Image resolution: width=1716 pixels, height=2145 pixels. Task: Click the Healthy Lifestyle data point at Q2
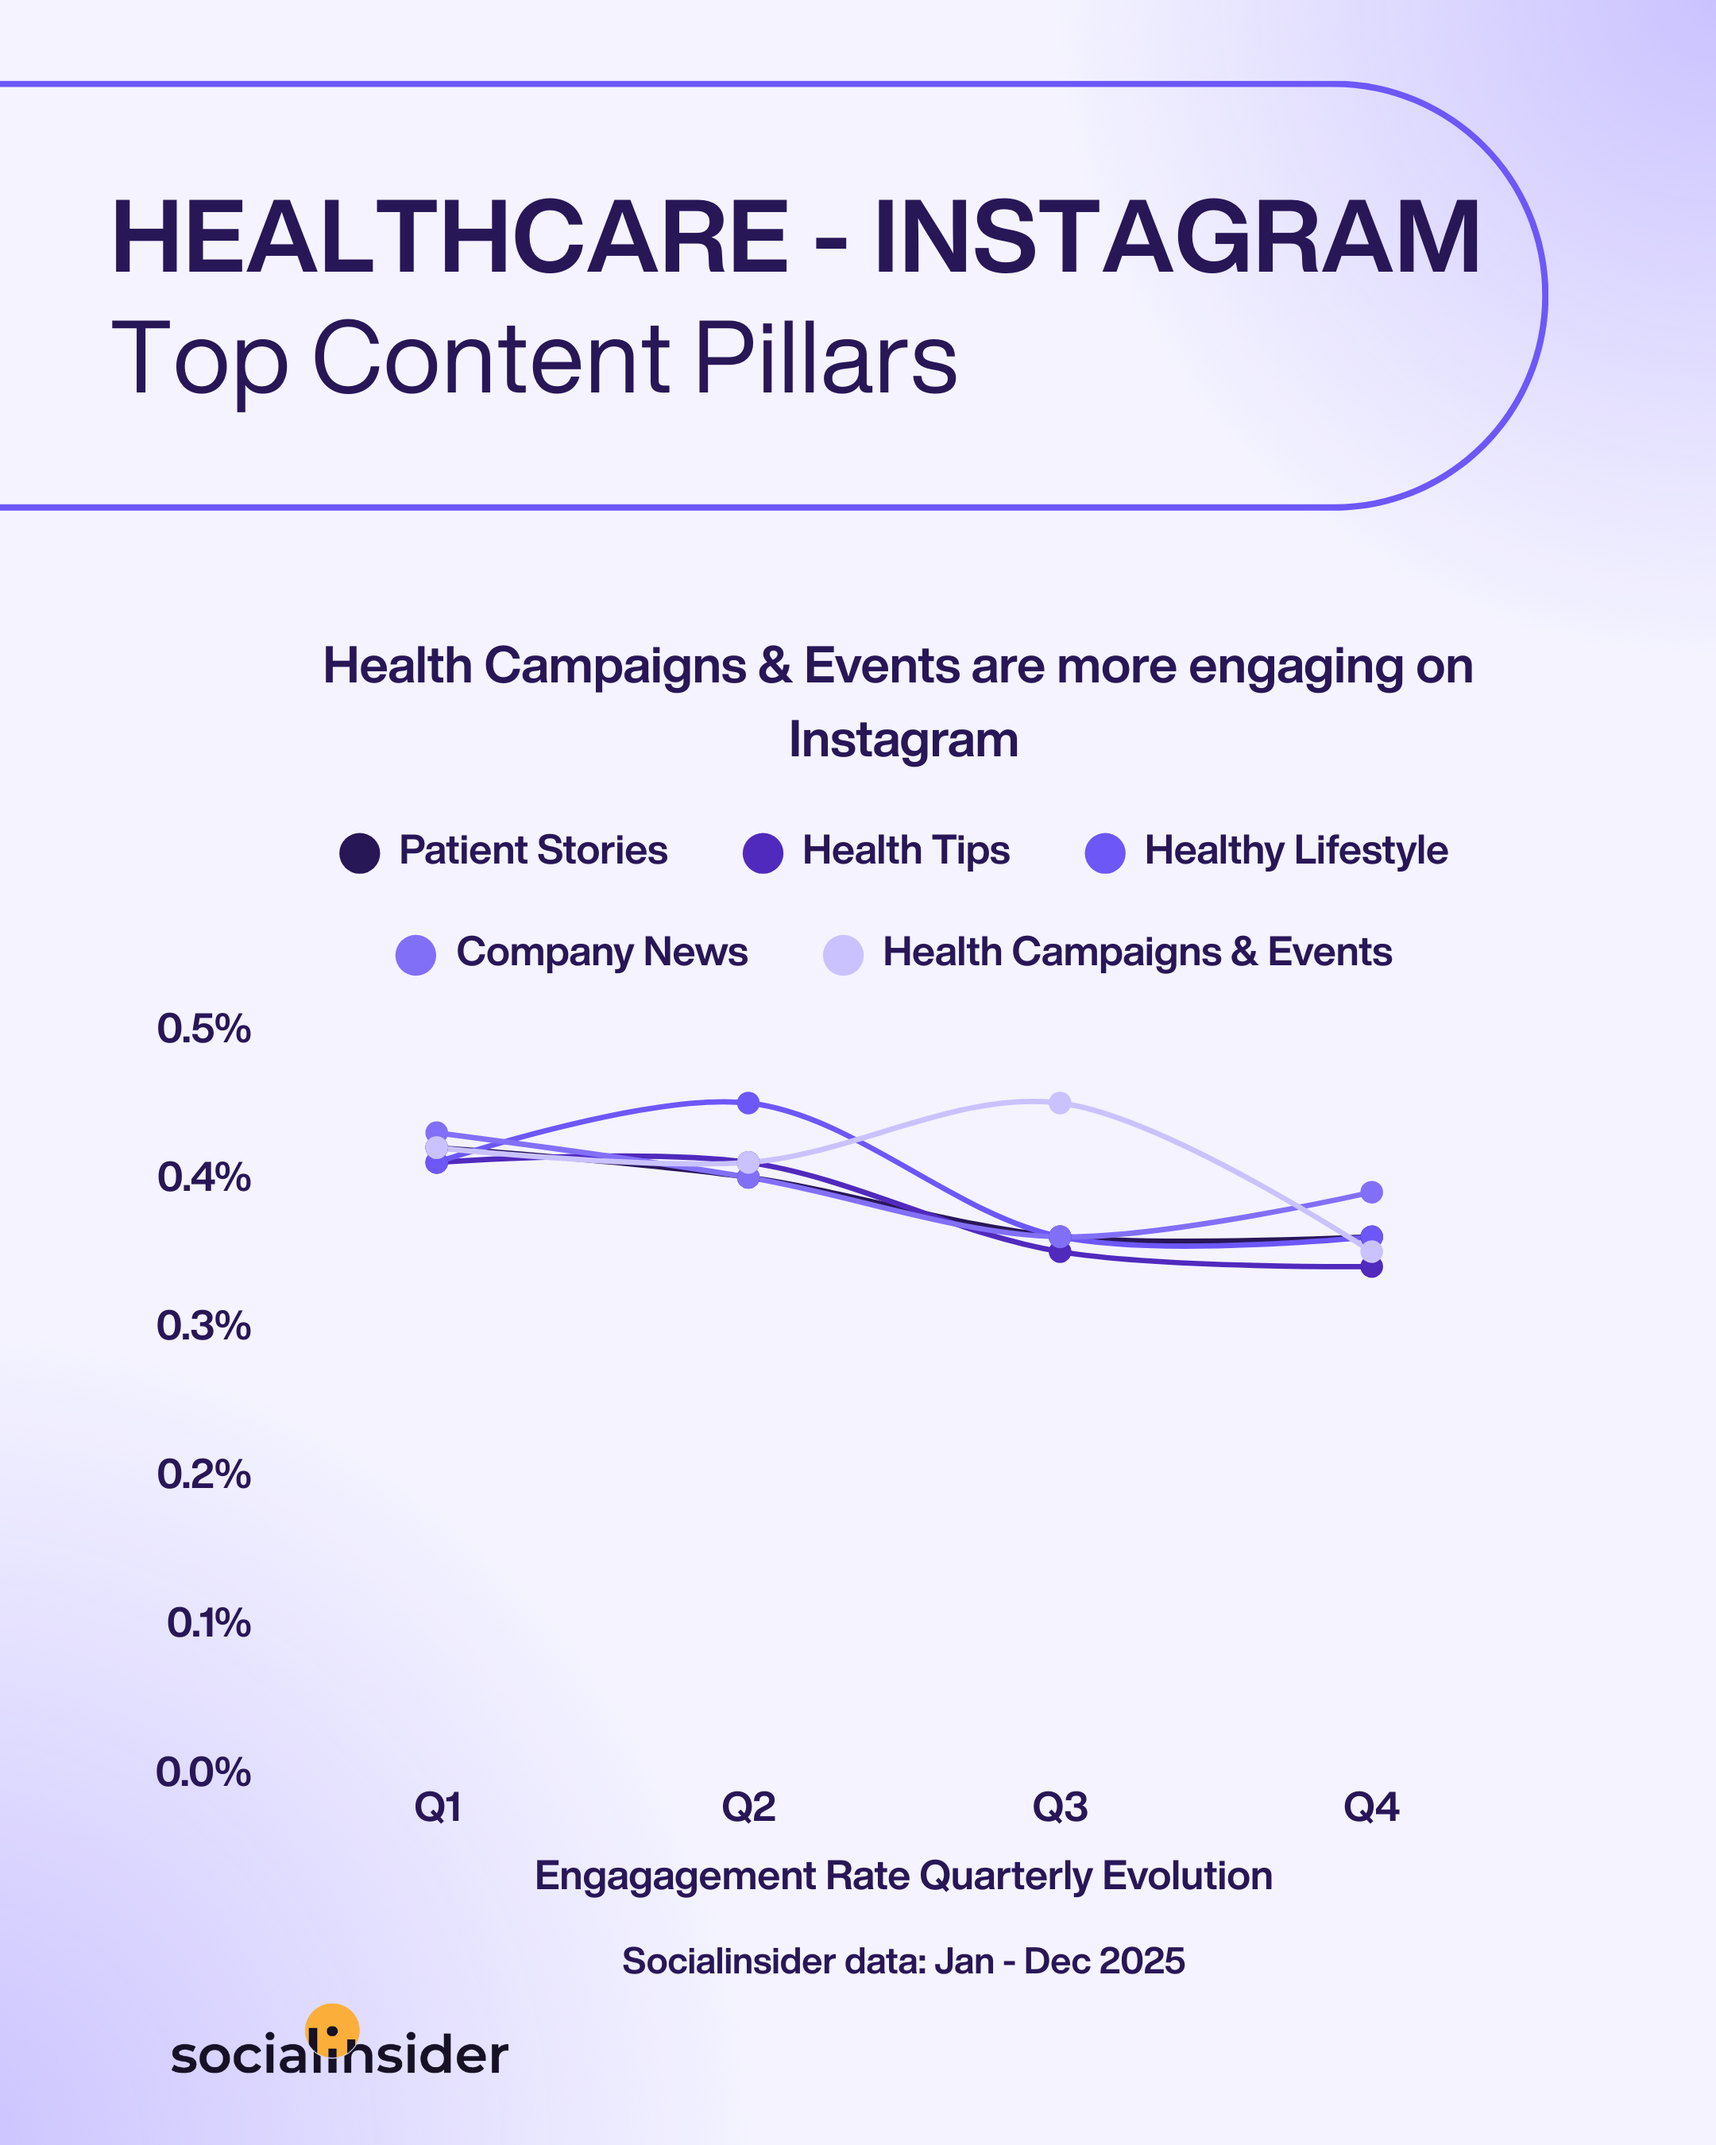tap(748, 1103)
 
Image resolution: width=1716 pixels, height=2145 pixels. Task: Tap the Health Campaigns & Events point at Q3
tap(1060, 1103)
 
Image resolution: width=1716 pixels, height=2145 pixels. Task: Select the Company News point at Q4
tap(1370, 1192)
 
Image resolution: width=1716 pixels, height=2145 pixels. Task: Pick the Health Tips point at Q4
tap(1370, 1266)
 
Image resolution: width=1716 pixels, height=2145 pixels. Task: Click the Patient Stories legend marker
tap(359, 852)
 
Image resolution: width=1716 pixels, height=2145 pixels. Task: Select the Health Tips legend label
tap(905, 851)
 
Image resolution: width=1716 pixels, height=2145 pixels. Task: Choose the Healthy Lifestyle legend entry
tap(1295, 851)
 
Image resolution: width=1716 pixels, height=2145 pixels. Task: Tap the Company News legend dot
tap(415, 955)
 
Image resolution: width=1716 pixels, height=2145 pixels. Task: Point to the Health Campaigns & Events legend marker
tap(843, 955)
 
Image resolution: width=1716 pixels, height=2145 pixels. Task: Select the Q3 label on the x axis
tap(1060, 1807)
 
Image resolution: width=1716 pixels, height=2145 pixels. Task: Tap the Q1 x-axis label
tap(437, 1807)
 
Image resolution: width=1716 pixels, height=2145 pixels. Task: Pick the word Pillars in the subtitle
tap(825, 358)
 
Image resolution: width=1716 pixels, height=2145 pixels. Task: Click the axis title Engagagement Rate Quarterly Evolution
tap(903, 1876)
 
